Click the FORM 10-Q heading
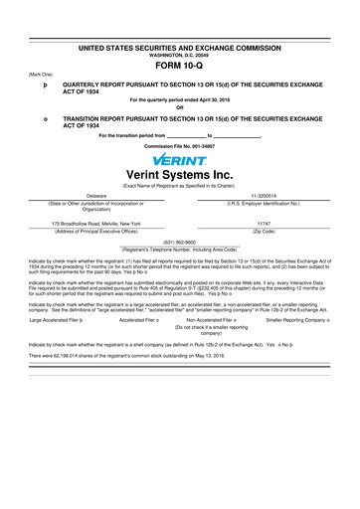(179, 65)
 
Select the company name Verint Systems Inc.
(179, 176)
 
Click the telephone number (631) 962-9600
(179, 241)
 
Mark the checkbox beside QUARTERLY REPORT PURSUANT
(32, 85)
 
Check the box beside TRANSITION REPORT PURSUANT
(32, 117)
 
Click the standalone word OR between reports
(179, 108)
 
